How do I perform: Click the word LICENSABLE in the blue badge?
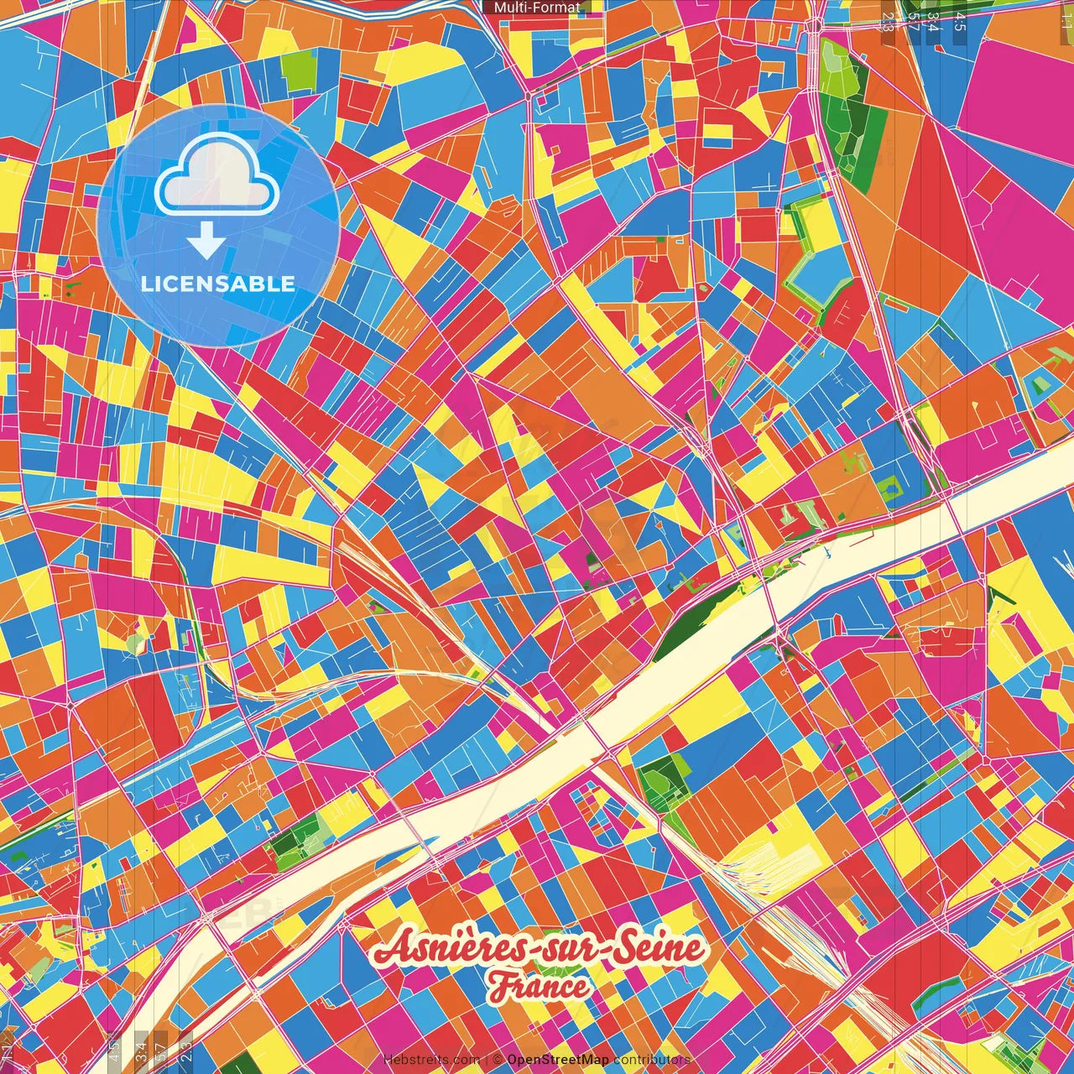pyautogui.click(x=218, y=284)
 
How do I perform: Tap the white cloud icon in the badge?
pyautogui.click(x=217, y=177)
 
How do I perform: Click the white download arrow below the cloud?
pyautogui.click(x=206, y=242)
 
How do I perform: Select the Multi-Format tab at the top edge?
pyautogui.click(x=537, y=8)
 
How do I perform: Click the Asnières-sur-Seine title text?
pyautogui.click(x=540, y=949)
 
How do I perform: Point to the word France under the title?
pyautogui.click(x=540, y=987)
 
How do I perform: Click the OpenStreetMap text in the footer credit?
pyautogui.click(x=557, y=1060)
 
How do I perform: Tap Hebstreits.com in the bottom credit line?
pyautogui.click(x=431, y=1060)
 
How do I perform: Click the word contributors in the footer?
pyautogui.click(x=651, y=1060)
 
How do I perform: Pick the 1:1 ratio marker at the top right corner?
pyautogui.click(x=1066, y=17)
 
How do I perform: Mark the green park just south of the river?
pyautogui.click(x=663, y=780)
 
